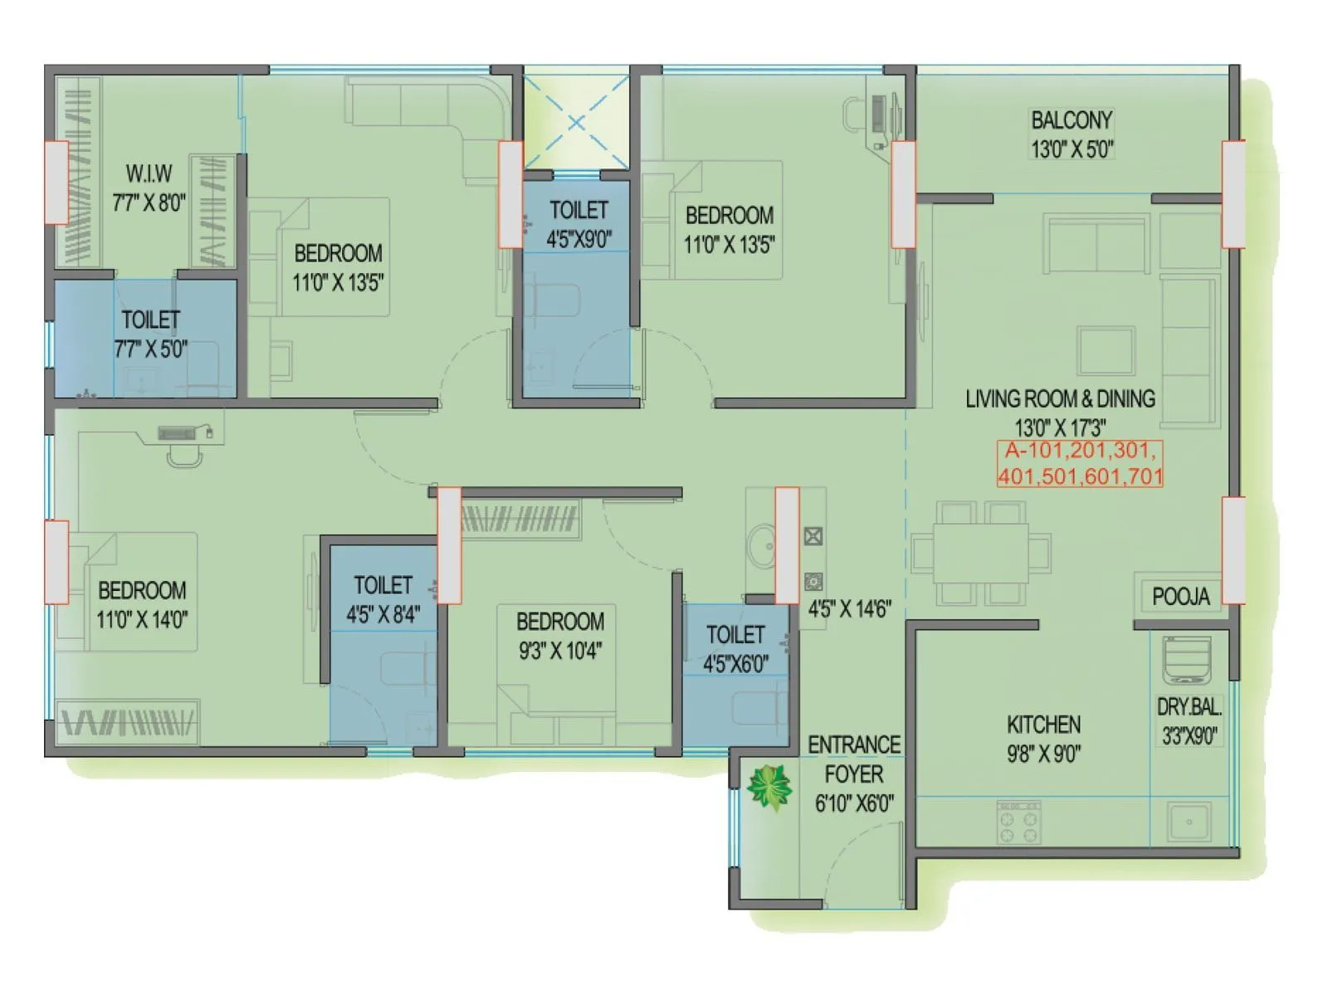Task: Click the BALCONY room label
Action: click(1071, 120)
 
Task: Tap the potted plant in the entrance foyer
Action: click(769, 788)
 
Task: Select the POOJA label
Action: click(1180, 596)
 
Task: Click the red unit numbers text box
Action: click(1080, 463)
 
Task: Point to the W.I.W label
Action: click(149, 173)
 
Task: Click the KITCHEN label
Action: click(1043, 725)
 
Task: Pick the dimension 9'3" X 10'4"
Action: click(559, 652)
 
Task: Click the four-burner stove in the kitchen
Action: click(1018, 823)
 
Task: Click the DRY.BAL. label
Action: click(1189, 707)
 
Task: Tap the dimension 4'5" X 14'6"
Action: click(849, 609)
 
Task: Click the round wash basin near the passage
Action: click(760, 546)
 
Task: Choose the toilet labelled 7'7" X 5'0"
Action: click(150, 334)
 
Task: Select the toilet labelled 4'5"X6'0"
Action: click(735, 648)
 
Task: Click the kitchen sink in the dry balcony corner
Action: click(1189, 822)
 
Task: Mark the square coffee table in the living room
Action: click(1106, 350)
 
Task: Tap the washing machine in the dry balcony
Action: click(1187, 661)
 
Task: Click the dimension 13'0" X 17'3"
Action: click(1060, 428)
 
